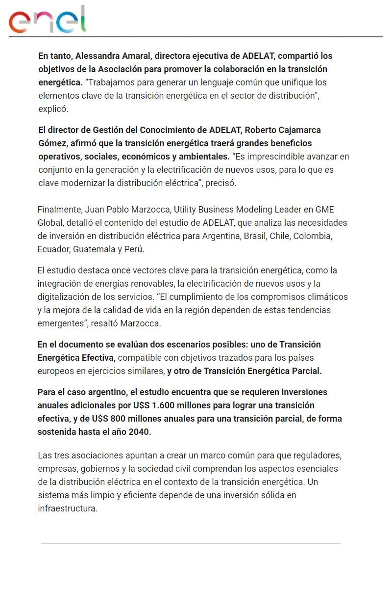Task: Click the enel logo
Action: pos(47,20)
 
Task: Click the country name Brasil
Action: pos(254,236)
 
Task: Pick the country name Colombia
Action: pos(314,236)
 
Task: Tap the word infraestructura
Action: pos(68,509)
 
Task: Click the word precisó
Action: pos(220,183)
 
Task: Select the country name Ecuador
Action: pos(53,249)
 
